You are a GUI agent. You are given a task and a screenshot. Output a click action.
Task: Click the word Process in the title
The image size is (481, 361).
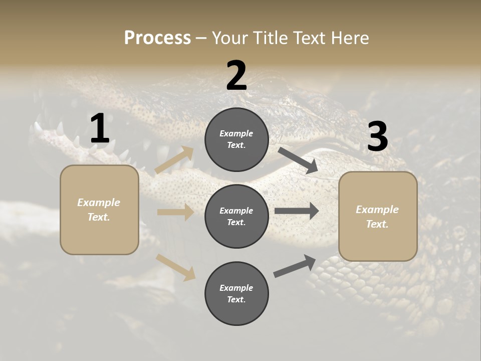[x=157, y=38]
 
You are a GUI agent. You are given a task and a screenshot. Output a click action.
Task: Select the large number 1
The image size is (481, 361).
[x=100, y=129]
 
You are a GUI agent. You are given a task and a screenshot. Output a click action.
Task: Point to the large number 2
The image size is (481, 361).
[x=236, y=76]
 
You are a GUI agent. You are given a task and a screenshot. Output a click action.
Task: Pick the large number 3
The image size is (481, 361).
[x=377, y=137]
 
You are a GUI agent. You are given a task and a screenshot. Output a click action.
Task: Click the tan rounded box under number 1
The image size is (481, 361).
[x=99, y=210]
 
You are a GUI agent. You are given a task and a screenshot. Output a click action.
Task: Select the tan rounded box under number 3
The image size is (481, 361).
[x=378, y=217]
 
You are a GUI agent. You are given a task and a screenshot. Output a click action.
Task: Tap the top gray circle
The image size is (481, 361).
[x=236, y=139]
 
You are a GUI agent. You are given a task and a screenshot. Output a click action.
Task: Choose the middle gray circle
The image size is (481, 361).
[x=236, y=216]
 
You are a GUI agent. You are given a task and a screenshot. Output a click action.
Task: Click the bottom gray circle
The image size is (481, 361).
[x=236, y=293]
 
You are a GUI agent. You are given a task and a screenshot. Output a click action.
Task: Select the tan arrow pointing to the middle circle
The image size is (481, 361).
[x=175, y=212]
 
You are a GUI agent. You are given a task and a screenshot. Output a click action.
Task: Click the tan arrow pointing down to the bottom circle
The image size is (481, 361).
[x=176, y=267]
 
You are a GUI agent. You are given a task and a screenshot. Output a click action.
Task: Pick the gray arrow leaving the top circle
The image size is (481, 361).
[x=298, y=160]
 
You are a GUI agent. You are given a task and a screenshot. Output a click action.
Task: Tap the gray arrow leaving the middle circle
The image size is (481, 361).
[x=297, y=211]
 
